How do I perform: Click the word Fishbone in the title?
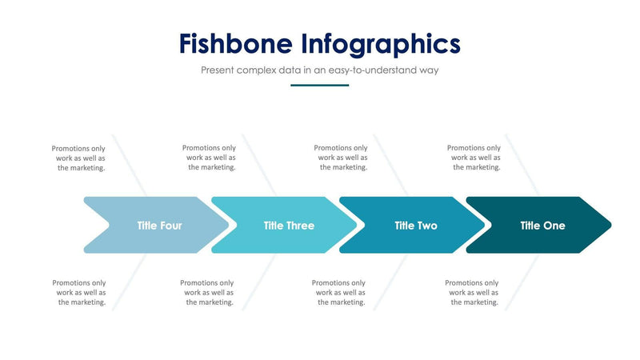point(234,43)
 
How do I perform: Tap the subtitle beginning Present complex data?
point(319,70)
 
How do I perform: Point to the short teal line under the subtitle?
point(319,85)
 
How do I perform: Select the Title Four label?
point(159,226)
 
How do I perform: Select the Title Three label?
point(289,226)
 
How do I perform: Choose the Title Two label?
point(416,226)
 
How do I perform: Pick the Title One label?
point(542,226)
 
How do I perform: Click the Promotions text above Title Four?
point(79,158)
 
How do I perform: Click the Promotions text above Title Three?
point(210,158)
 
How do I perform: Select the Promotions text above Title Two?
point(341,158)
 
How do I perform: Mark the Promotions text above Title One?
point(474,158)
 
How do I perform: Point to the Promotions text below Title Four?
point(79,293)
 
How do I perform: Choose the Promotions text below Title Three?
point(207,293)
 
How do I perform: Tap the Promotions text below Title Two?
point(338,293)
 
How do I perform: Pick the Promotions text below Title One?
point(472,293)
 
